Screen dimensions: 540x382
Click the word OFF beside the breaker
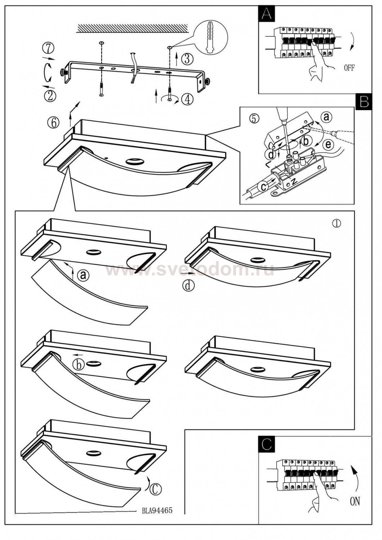pos(349,68)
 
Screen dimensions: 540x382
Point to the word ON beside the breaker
pos(355,501)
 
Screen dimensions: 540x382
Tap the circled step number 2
pos(50,96)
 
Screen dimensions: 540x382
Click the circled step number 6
pos(53,122)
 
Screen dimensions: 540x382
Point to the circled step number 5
pos(254,118)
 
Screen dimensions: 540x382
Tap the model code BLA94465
pos(157,510)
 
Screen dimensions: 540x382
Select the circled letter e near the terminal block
pos(328,145)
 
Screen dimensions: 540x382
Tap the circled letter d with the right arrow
pos(188,285)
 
